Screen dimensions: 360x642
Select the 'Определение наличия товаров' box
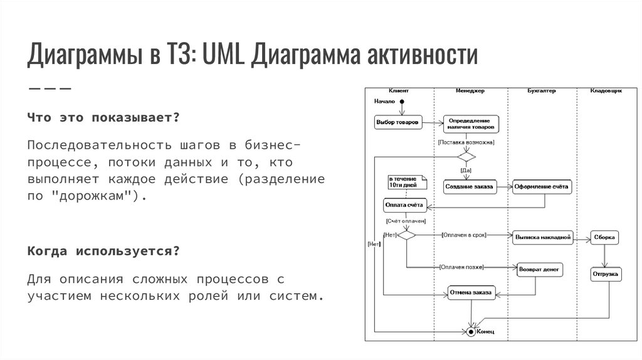pyautogui.click(x=471, y=124)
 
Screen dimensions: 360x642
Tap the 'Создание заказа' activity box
pyautogui.click(x=469, y=186)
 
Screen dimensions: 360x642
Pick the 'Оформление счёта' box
pyautogui.click(x=542, y=186)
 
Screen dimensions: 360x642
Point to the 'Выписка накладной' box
pyautogui.click(x=542, y=237)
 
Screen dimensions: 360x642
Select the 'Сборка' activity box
pyautogui.click(x=605, y=237)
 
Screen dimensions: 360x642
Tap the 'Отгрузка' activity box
pyautogui.click(x=605, y=274)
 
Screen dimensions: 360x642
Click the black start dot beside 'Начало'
pyautogui.click(x=403, y=101)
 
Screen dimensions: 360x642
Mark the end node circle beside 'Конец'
pyautogui.click(x=471, y=331)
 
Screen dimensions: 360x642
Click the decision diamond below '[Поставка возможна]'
pyautogui.click(x=466, y=157)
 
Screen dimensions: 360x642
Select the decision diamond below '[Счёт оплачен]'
pyautogui.click(x=406, y=235)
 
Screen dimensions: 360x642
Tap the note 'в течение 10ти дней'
pyautogui.click(x=407, y=182)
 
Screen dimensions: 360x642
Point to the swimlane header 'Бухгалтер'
pyautogui.click(x=541, y=91)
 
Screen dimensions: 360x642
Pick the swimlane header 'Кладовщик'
pyautogui.click(x=606, y=91)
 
